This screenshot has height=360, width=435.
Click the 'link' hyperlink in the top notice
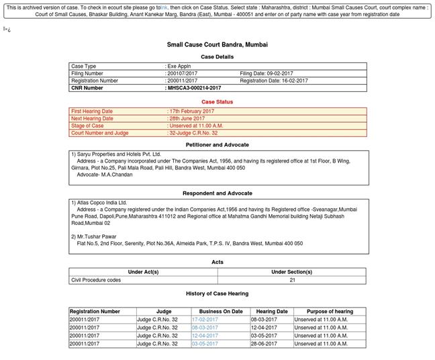click(164, 7)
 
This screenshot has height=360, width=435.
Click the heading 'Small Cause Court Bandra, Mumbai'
click(217, 44)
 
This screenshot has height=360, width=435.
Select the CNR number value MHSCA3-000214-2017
click(194, 88)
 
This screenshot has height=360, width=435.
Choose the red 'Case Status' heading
click(217, 102)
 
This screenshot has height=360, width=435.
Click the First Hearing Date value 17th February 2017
click(191, 111)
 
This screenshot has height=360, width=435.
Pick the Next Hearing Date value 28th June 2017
click(187, 119)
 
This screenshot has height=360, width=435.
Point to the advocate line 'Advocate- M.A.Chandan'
click(105, 175)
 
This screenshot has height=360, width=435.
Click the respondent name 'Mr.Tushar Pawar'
click(96, 236)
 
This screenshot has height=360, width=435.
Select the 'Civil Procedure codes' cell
click(96, 280)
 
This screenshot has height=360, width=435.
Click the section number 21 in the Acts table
click(292, 280)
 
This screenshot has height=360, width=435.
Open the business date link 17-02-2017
click(205, 320)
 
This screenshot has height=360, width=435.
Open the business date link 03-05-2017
click(205, 344)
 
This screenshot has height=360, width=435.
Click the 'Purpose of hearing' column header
click(330, 312)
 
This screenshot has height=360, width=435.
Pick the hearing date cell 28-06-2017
click(271, 344)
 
